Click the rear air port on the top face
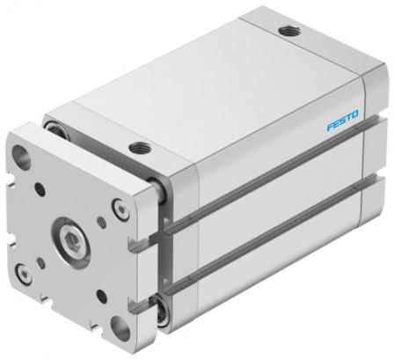point(287,32)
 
